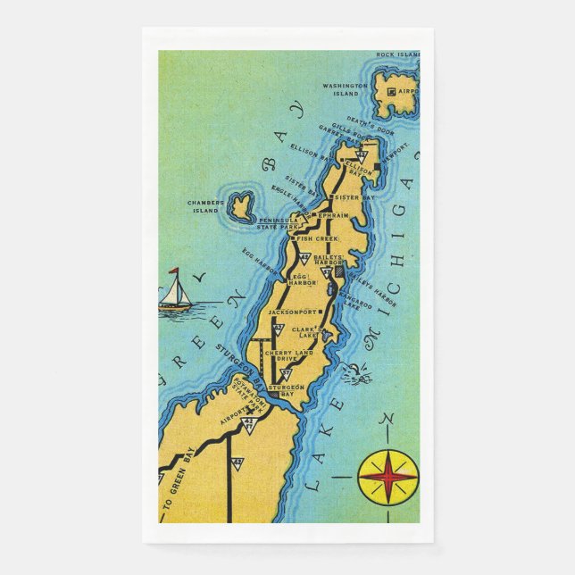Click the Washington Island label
(346, 89)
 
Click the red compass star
(387, 474)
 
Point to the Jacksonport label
(294, 312)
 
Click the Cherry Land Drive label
(287, 356)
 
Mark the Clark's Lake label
(302, 332)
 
